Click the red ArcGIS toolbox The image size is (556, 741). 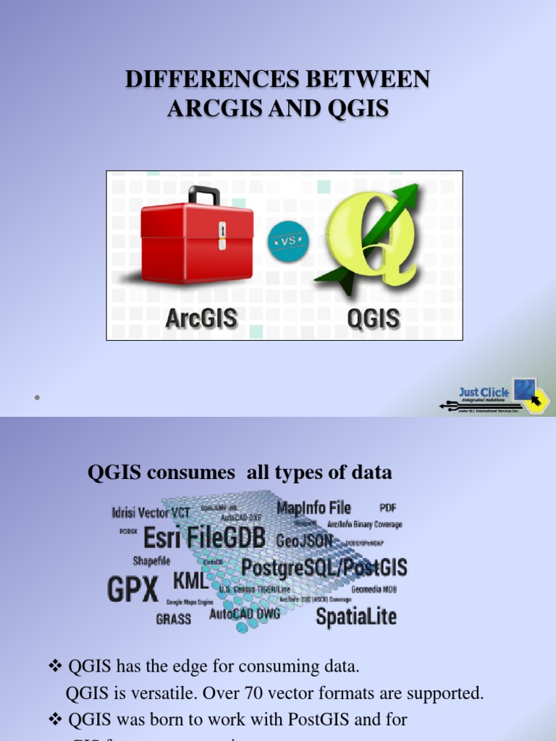click(197, 242)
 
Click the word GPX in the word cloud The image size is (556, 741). click(132, 590)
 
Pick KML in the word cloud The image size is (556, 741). click(190, 581)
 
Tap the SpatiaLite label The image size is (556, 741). click(356, 617)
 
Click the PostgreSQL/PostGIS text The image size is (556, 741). click(324, 567)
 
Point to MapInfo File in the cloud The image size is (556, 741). click(313, 508)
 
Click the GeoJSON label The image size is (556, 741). click(304, 541)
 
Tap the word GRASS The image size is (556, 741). click(174, 619)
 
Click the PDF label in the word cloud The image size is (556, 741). click(388, 508)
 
